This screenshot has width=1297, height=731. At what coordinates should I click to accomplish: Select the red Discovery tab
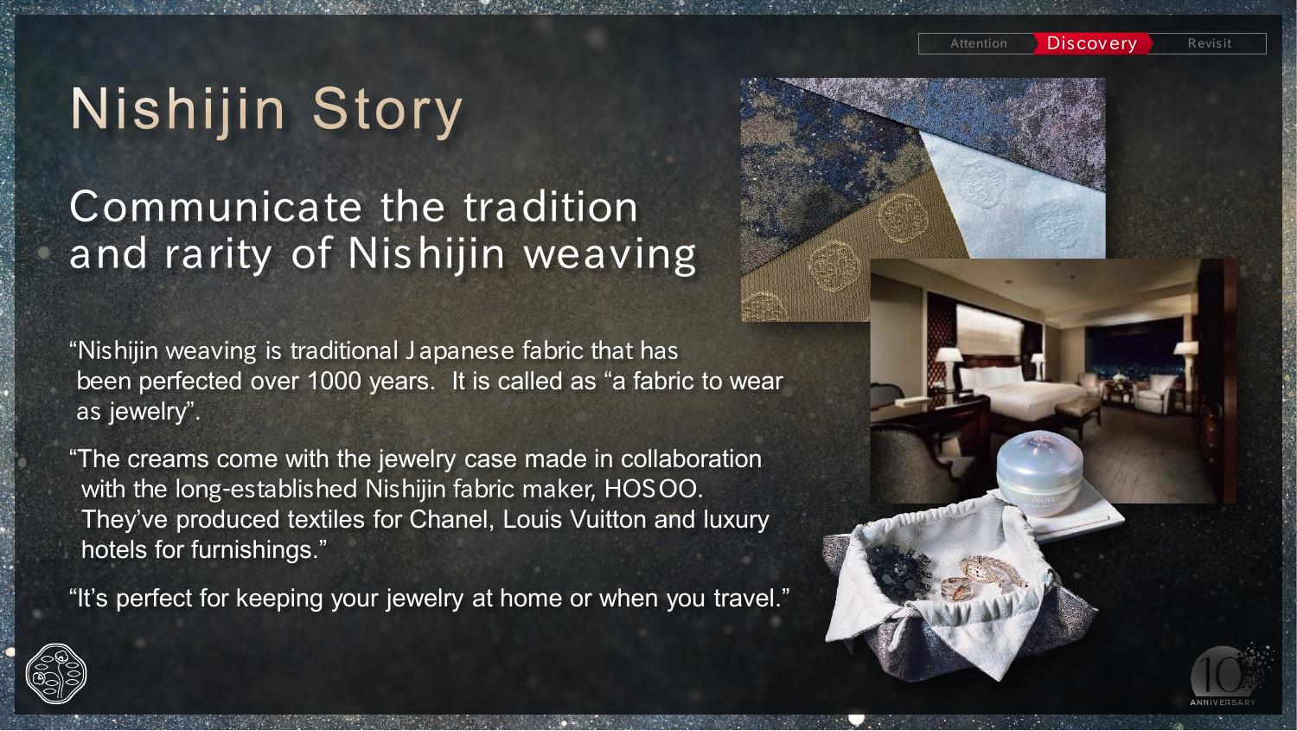[x=1092, y=43]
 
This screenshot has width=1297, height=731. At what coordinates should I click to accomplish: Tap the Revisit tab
[x=1209, y=43]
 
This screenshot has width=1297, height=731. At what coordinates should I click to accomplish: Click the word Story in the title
[x=387, y=111]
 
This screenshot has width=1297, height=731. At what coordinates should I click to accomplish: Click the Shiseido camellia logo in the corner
[x=56, y=674]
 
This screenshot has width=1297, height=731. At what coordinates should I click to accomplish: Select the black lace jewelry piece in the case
[x=898, y=571]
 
